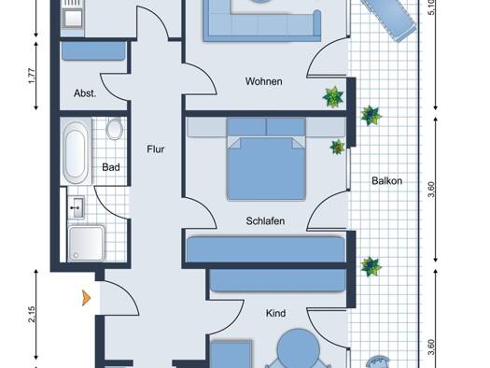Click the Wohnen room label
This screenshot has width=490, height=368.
263,81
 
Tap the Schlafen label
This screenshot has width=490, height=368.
265,221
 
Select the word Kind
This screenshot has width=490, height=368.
274,314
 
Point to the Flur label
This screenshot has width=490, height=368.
156,149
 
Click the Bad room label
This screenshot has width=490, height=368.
111,169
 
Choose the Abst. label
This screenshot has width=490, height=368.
87,93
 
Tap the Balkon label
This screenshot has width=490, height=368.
386,181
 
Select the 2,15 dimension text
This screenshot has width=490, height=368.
32,313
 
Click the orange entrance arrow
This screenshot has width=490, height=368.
86,299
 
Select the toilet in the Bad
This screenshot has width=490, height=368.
115,130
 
